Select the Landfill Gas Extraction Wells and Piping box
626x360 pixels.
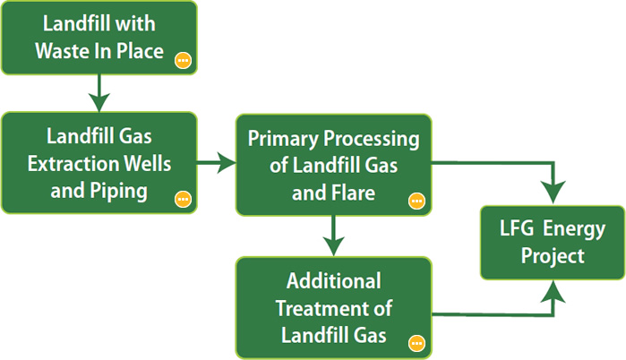pos(99,162)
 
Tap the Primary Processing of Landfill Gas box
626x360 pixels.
pos(333,164)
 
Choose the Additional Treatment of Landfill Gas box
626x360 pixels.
pos(333,307)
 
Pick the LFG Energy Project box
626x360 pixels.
pos(553,242)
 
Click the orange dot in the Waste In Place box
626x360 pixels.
pos(183,61)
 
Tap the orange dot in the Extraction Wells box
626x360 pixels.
pos(183,199)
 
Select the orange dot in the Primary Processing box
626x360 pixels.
pos(416,201)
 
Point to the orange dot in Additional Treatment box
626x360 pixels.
pos(416,342)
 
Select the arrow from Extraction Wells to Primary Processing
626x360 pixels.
pos(217,163)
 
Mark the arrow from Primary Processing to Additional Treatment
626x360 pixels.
pos(333,236)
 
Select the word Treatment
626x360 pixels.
pos(318,307)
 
